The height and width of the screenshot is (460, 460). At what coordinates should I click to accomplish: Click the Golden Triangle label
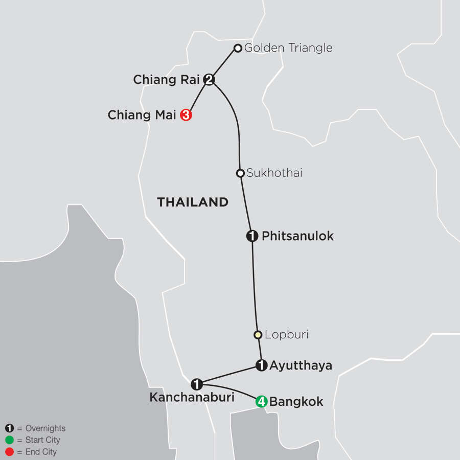tap(288, 48)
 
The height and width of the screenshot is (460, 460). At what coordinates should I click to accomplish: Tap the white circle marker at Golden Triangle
tap(238, 49)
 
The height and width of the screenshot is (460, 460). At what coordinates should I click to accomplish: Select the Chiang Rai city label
tap(166, 80)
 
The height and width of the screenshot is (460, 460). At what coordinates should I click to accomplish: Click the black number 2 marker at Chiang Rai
tap(209, 80)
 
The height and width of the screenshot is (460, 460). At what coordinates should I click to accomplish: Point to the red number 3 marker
tap(186, 115)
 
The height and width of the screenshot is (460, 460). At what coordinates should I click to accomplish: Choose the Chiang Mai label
tap(142, 116)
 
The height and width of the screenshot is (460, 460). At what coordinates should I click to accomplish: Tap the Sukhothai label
tap(274, 173)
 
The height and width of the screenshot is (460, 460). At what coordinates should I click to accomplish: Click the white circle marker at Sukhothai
tap(240, 173)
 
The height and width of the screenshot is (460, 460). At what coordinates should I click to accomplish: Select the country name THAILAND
tap(193, 202)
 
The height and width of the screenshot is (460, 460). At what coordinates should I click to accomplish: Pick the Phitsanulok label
tap(297, 236)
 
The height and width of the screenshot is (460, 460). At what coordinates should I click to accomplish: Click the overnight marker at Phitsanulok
tap(251, 236)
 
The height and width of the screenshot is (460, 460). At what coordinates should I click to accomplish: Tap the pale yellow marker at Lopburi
tap(258, 335)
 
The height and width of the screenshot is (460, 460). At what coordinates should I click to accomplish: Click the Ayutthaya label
tap(301, 365)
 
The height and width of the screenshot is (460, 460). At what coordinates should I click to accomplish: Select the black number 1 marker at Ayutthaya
tap(261, 365)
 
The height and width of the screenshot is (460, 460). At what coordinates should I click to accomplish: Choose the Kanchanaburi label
tap(192, 397)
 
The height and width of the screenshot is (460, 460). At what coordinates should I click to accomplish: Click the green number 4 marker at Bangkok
tap(261, 402)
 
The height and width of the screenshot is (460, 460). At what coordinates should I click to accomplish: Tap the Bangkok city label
tap(296, 402)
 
